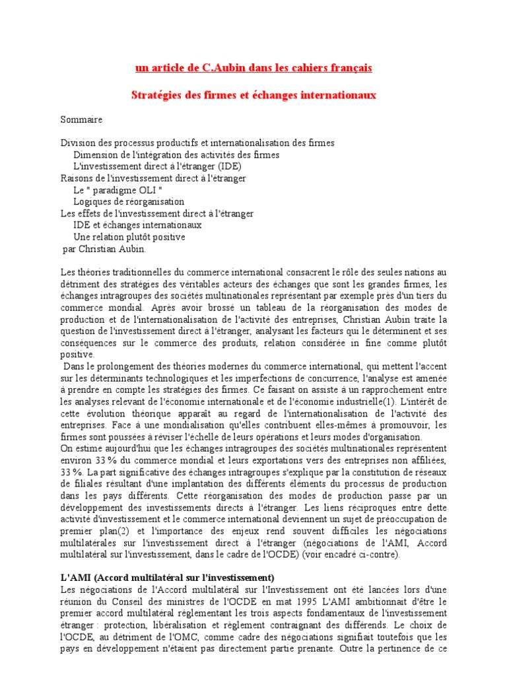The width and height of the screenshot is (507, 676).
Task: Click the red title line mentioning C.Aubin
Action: coord(253,68)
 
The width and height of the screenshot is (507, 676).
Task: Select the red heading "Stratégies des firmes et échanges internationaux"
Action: coord(253,95)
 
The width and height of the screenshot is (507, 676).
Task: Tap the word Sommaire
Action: coord(82,120)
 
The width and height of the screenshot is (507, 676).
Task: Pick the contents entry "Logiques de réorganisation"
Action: coord(129,202)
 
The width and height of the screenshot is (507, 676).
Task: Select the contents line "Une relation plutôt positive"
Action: coord(129,237)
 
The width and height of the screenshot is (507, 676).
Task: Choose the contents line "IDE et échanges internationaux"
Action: coord(137,225)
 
